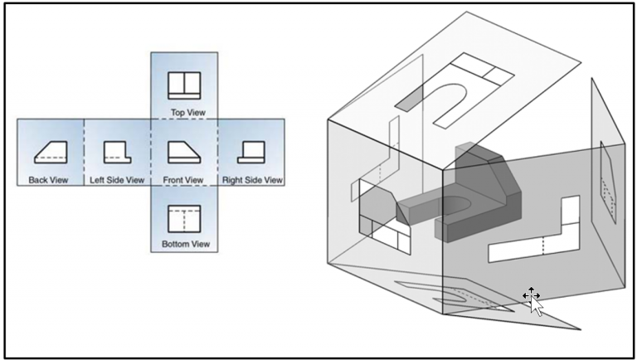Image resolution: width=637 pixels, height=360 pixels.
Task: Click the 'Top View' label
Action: pos(183,112)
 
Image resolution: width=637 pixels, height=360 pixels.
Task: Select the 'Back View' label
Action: pos(51,179)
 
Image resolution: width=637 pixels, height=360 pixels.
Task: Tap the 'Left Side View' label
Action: pos(116,179)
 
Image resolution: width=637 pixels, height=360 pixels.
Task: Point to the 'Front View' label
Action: pos(183,179)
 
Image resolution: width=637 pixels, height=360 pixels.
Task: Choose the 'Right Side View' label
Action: pos(252,179)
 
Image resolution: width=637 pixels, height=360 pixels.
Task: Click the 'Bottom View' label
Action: pos(183,244)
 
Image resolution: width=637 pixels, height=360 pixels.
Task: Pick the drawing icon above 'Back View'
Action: pos(51,153)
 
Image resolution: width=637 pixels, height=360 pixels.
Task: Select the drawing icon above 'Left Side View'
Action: pos(117,153)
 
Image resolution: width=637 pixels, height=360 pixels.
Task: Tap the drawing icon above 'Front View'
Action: pos(183,153)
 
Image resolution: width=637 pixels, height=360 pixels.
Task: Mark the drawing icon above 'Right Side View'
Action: pos(251,153)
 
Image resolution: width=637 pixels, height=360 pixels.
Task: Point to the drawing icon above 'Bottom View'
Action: pos(184,219)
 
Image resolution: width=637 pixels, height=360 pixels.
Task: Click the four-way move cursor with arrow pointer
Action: pos(532,298)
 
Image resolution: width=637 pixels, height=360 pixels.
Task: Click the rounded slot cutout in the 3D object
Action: pos(457,202)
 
